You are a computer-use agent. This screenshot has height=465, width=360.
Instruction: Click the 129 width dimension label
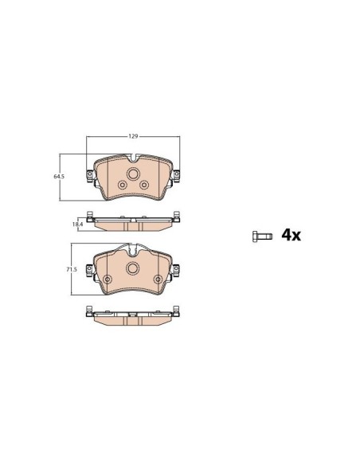pyautogui.click(x=133, y=136)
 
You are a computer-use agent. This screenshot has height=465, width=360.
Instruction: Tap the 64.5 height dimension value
pyautogui.click(x=59, y=176)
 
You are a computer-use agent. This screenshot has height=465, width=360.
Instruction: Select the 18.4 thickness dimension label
pyautogui.click(x=77, y=225)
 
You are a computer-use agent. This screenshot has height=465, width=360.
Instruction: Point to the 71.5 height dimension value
pyautogui.click(x=72, y=269)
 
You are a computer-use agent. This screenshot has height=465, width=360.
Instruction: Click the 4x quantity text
pyautogui.click(x=291, y=235)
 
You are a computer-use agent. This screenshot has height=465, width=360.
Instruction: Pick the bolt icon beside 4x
pyautogui.click(x=262, y=236)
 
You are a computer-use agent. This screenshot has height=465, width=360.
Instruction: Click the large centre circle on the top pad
pyautogui.click(x=133, y=174)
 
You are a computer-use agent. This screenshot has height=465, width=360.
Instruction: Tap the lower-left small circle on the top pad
pyautogui.click(x=122, y=185)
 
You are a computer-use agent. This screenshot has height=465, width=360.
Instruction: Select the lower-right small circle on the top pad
pyautogui.click(x=144, y=185)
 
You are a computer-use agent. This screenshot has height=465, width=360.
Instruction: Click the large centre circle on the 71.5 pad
pyautogui.click(x=132, y=268)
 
